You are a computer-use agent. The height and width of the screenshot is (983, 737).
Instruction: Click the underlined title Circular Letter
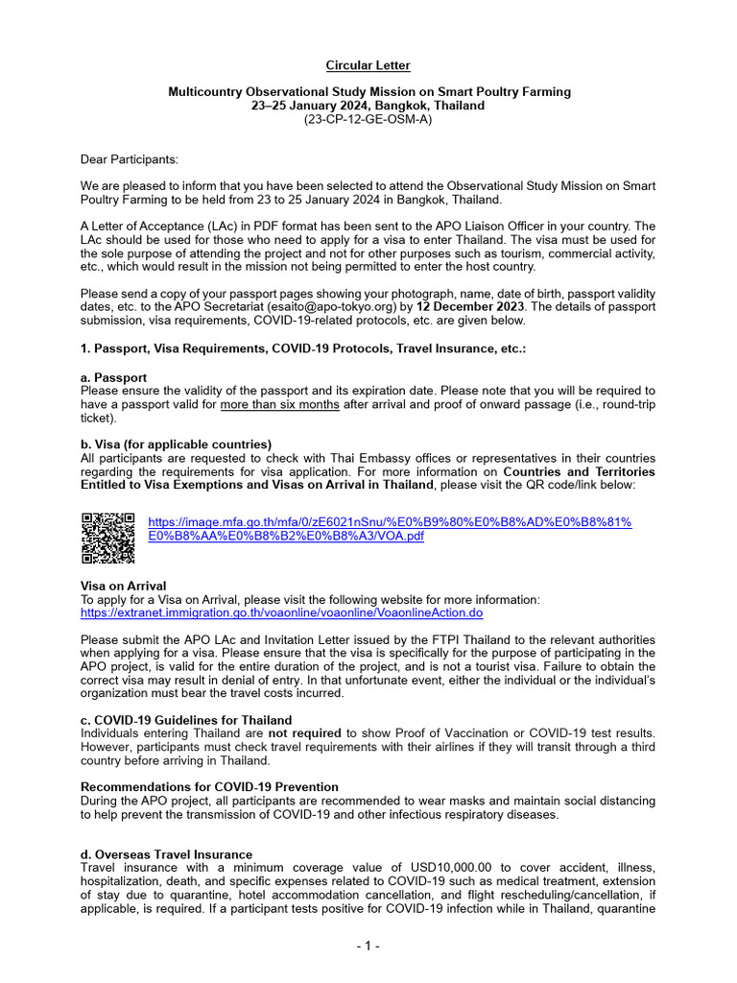(368, 65)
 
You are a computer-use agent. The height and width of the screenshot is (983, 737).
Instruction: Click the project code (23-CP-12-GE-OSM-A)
(368, 119)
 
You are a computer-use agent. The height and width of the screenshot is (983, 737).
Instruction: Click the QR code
(107, 538)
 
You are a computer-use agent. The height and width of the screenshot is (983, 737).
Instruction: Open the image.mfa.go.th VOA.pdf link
(389, 529)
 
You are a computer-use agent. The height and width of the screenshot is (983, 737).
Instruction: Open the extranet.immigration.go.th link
(281, 611)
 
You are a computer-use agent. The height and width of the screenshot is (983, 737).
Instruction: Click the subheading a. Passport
(113, 377)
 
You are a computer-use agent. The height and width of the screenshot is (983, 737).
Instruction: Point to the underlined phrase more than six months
(279, 404)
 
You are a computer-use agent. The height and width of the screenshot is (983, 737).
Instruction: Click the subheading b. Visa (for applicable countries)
(176, 444)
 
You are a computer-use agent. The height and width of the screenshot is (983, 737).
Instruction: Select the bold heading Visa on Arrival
(123, 586)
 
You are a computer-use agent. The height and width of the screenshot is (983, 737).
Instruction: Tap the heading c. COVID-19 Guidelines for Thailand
(186, 720)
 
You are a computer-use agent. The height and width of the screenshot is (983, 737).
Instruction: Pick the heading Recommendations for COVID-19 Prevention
(209, 787)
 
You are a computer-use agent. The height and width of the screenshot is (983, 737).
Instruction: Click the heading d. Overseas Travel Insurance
(166, 854)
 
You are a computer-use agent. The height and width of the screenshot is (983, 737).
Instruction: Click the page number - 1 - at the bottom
(368, 946)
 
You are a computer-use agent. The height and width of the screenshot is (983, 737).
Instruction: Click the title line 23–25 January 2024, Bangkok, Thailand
(368, 106)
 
